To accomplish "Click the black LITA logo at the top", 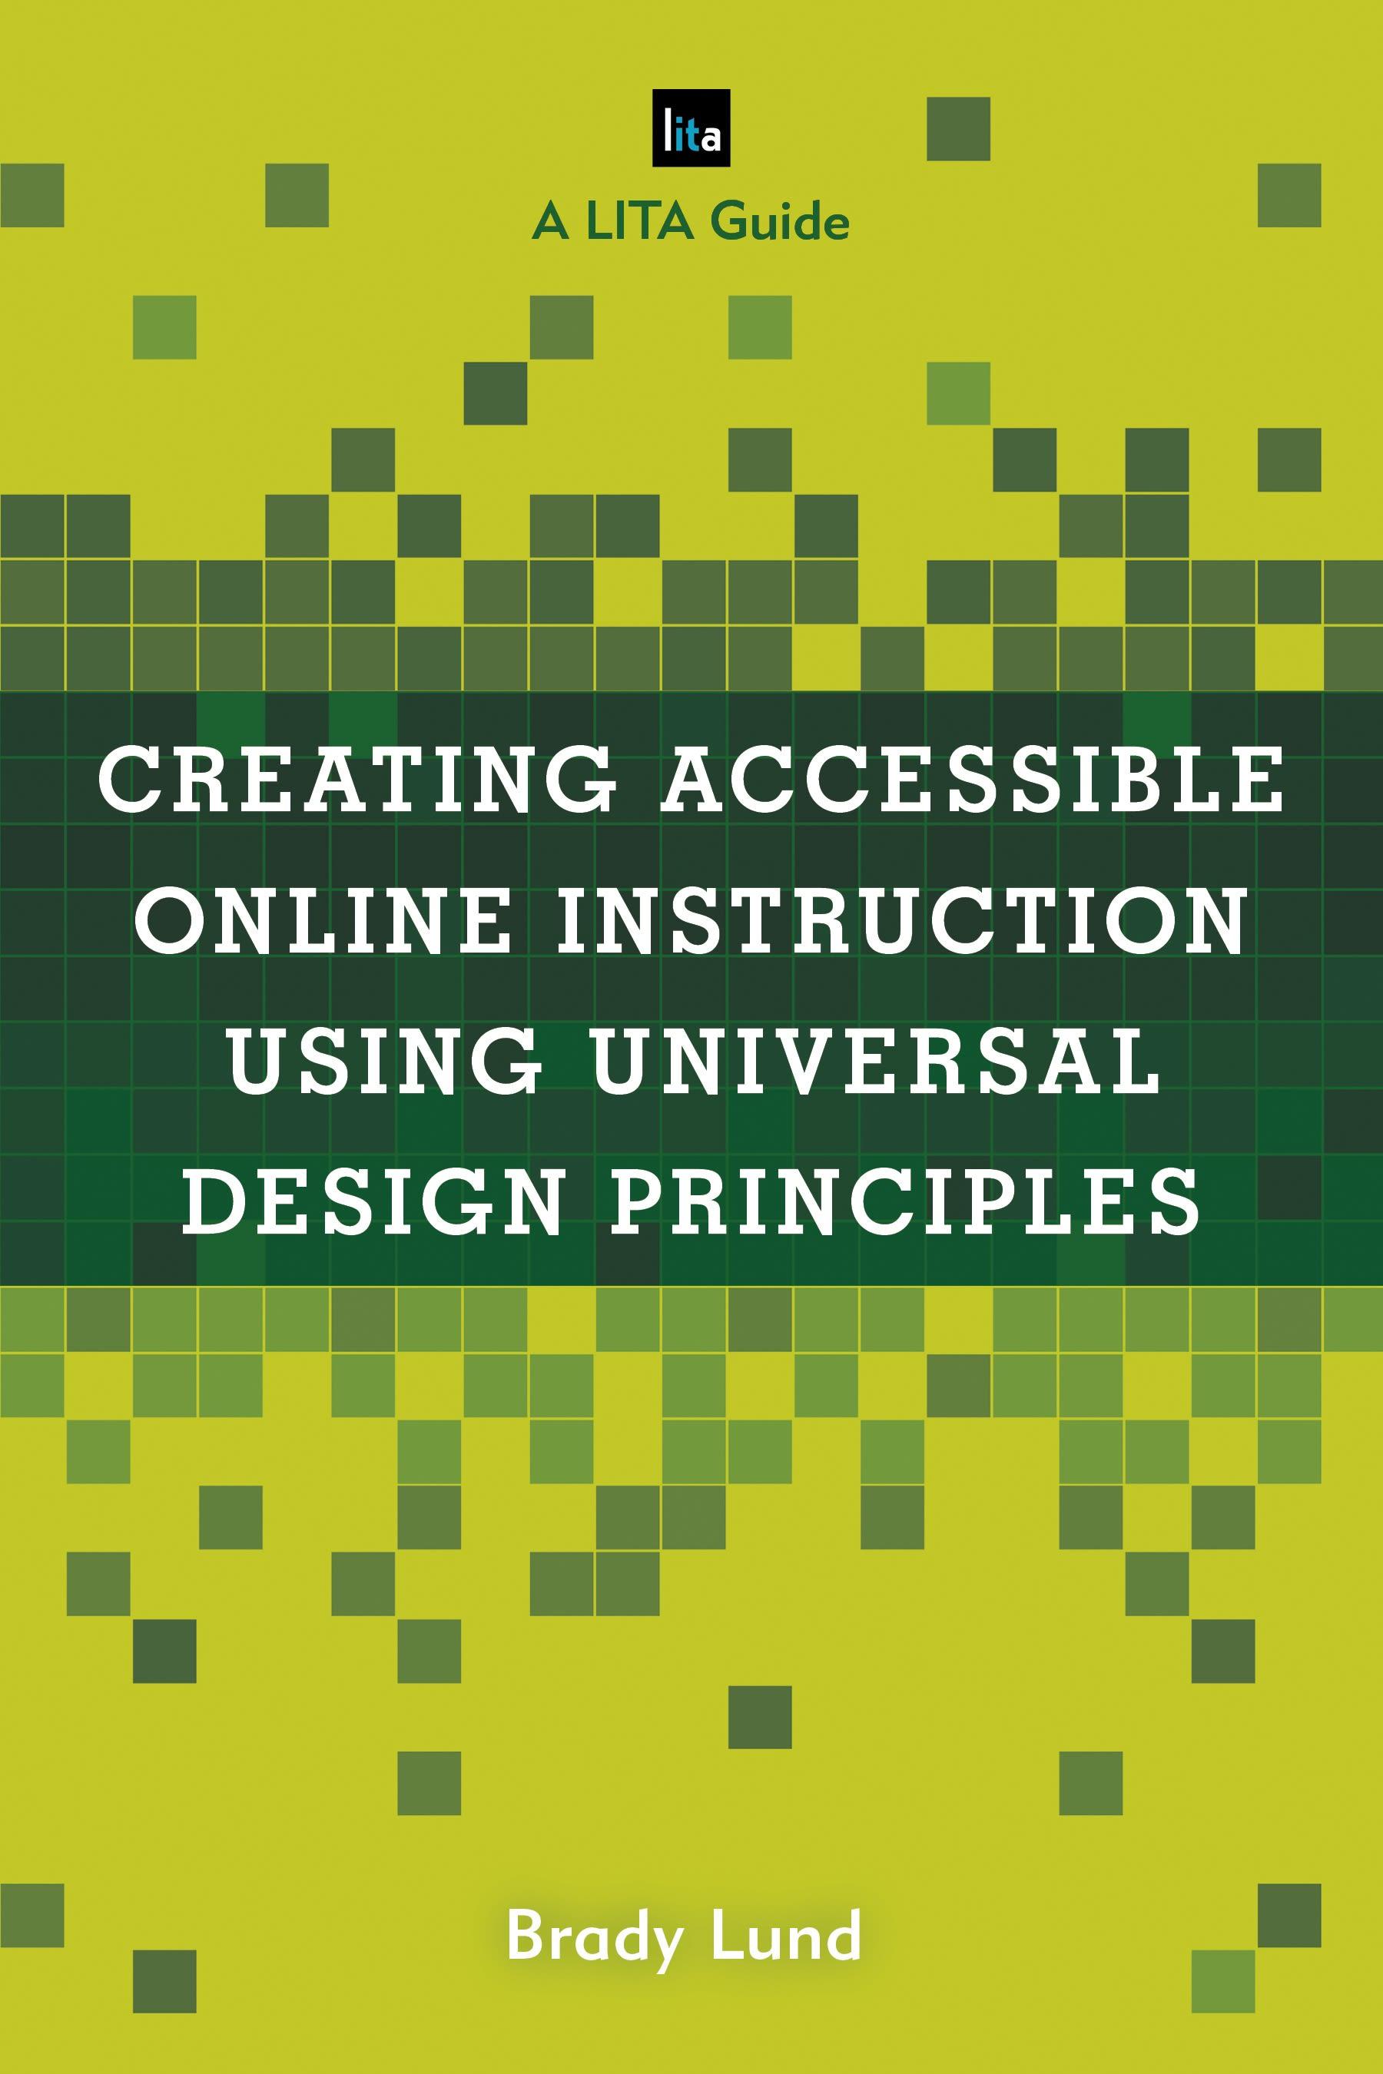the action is click(691, 128).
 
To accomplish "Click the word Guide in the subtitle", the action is click(781, 221).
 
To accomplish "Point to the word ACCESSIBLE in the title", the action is click(973, 780).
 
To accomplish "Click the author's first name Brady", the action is click(595, 1937).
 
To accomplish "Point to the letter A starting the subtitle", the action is click(550, 221).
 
